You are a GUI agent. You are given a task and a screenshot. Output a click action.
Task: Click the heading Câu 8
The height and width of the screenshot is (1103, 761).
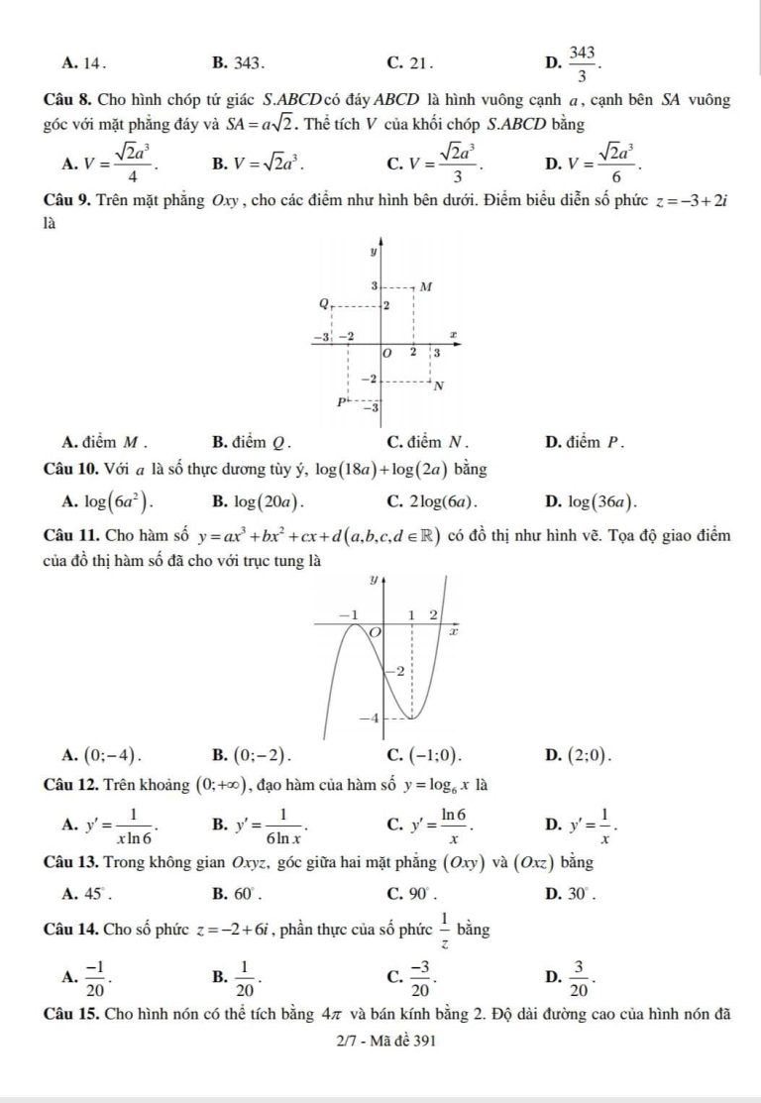[x=65, y=100]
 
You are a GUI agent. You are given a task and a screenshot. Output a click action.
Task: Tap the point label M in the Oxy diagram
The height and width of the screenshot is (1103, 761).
[x=426, y=286]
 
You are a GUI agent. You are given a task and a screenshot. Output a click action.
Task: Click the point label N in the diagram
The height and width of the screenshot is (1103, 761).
[x=438, y=386]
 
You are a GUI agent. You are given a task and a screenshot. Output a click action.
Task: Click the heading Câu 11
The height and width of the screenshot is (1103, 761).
[x=68, y=536]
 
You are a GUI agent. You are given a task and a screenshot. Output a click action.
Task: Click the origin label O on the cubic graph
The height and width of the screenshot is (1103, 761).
[x=376, y=632]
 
